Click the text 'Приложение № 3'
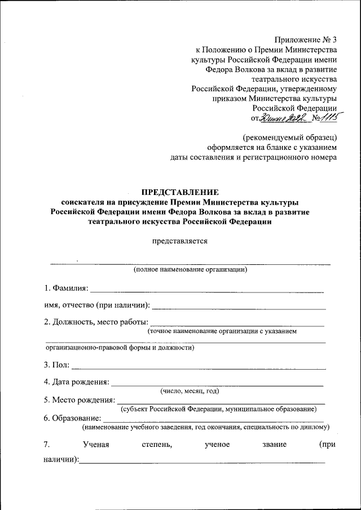[x=306, y=39]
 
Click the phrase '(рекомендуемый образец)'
[x=290, y=137]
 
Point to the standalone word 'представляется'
[x=179, y=241]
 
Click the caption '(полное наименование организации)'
[x=191, y=270]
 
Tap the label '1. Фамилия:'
[x=67, y=289]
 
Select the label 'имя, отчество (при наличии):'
[x=97, y=305]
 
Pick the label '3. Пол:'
[x=57, y=365]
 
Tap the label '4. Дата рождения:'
[x=77, y=382]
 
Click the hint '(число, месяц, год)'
[x=190, y=391]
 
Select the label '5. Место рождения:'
[x=79, y=400]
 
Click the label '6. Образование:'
[x=73, y=418]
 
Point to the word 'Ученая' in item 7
[x=95, y=445]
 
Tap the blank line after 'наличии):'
[x=202, y=462]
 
